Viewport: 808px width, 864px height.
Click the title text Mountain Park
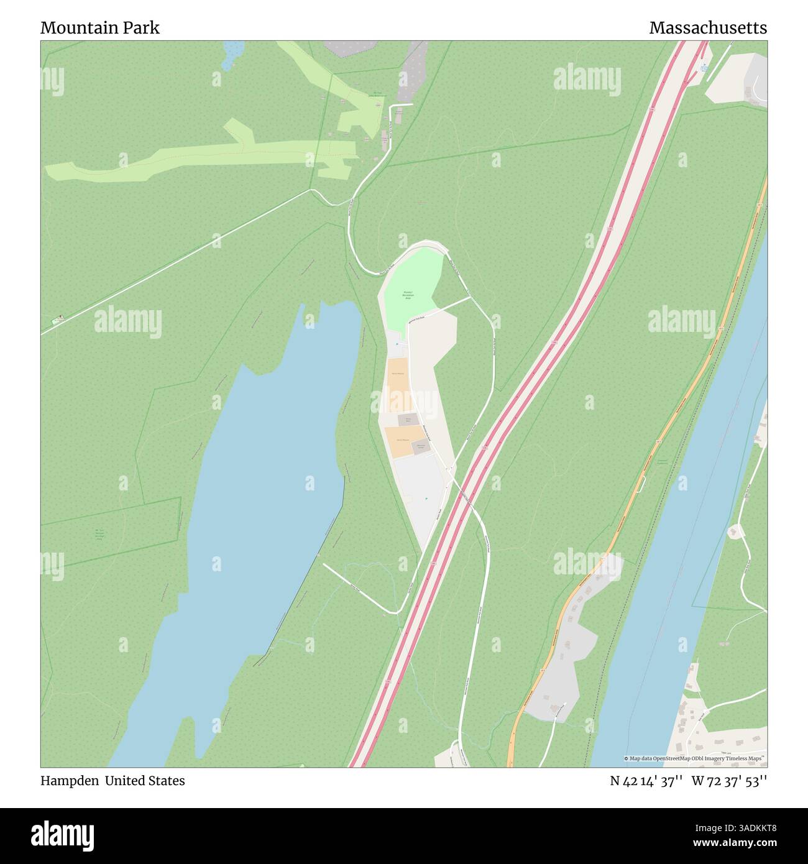click(x=100, y=28)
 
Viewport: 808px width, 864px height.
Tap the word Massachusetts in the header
click(x=708, y=28)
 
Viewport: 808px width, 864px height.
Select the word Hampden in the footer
click(x=69, y=781)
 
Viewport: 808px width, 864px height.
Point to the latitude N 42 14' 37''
click(x=646, y=781)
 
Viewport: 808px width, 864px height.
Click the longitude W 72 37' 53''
click(x=729, y=781)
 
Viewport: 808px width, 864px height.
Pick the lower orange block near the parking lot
click(x=398, y=441)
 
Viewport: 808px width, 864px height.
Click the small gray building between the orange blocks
click(x=408, y=420)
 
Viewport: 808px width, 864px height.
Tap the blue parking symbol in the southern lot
click(x=426, y=499)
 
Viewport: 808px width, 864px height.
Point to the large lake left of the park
click(x=261, y=497)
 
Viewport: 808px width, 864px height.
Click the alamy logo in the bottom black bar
click(x=63, y=835)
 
